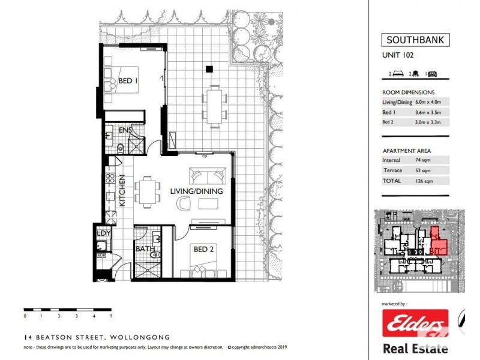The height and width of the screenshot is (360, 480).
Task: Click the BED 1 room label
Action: point(128,80)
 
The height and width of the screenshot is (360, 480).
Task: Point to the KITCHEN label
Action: point(121,190)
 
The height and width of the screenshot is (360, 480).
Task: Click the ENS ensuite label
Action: point(125,130)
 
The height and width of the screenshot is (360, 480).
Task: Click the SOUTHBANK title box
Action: point(415,41)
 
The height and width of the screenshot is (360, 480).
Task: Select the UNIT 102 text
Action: point(398,55)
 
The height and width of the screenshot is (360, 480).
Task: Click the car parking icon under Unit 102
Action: point(433,74)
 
